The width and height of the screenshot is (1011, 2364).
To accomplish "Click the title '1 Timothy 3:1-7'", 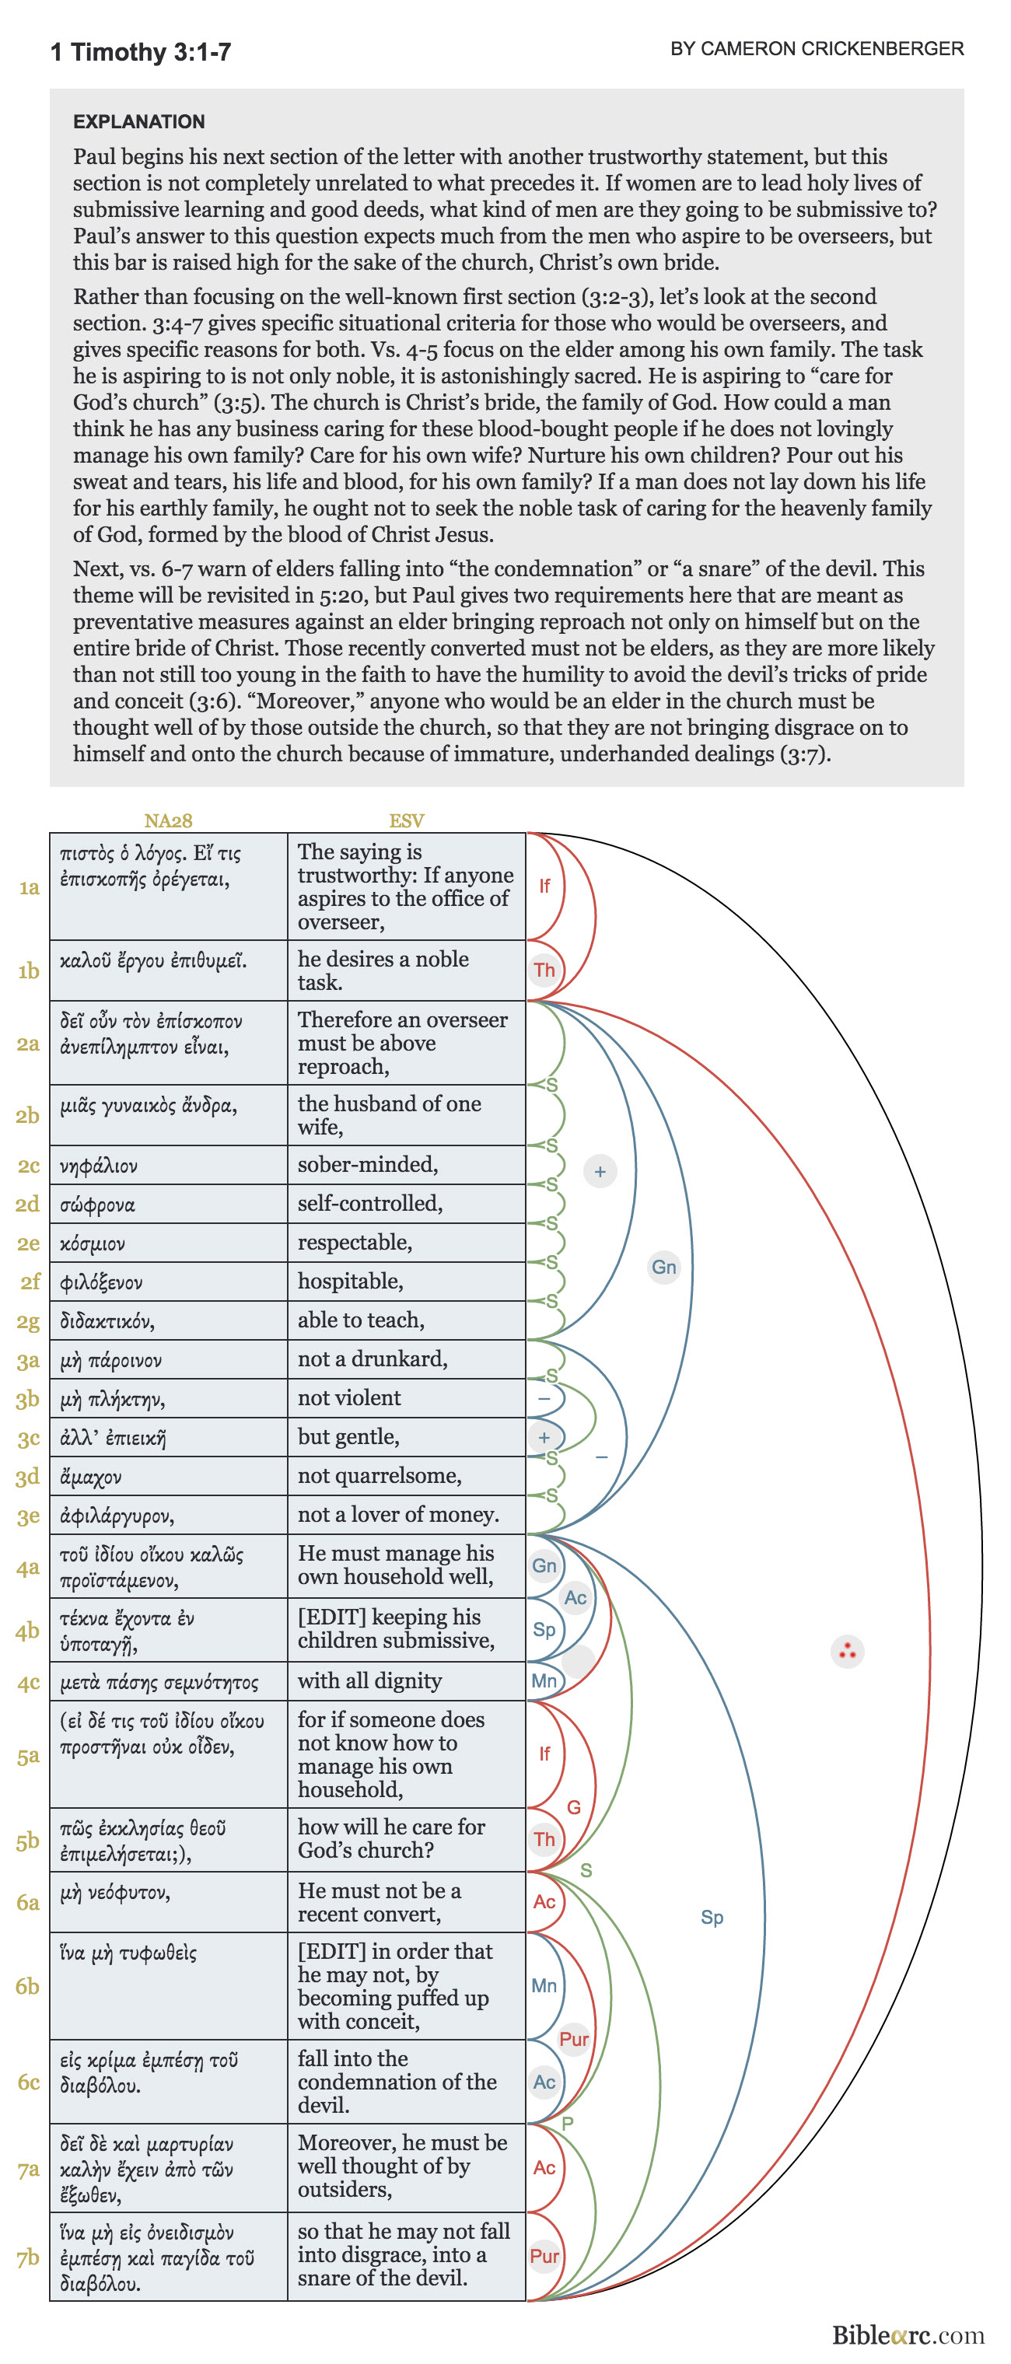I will pos(140,51).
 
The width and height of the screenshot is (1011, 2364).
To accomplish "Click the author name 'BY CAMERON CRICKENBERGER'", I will pos(817,49).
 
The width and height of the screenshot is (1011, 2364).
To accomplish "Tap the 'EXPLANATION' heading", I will pos(138,121).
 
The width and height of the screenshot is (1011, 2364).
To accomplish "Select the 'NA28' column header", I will pos(168,820).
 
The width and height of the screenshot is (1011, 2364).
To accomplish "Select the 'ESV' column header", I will pos(407,820).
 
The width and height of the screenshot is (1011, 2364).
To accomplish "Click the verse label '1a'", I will pos(30,886).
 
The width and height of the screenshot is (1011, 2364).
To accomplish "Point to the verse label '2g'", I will pos(29,1320).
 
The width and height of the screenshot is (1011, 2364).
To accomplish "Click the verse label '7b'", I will pos(29,2257).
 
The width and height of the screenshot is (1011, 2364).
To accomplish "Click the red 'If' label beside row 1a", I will pos(544,886).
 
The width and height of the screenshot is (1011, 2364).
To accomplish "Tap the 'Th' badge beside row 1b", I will pos(544,970).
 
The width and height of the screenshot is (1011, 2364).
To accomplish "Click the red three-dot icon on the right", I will pos(847,1651).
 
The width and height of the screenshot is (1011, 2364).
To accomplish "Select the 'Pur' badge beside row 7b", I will pos(544,2256).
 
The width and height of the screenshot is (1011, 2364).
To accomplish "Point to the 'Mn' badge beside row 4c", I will pos(544,1680).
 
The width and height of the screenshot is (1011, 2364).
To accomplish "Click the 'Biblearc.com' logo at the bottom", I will pos(908,2334).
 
